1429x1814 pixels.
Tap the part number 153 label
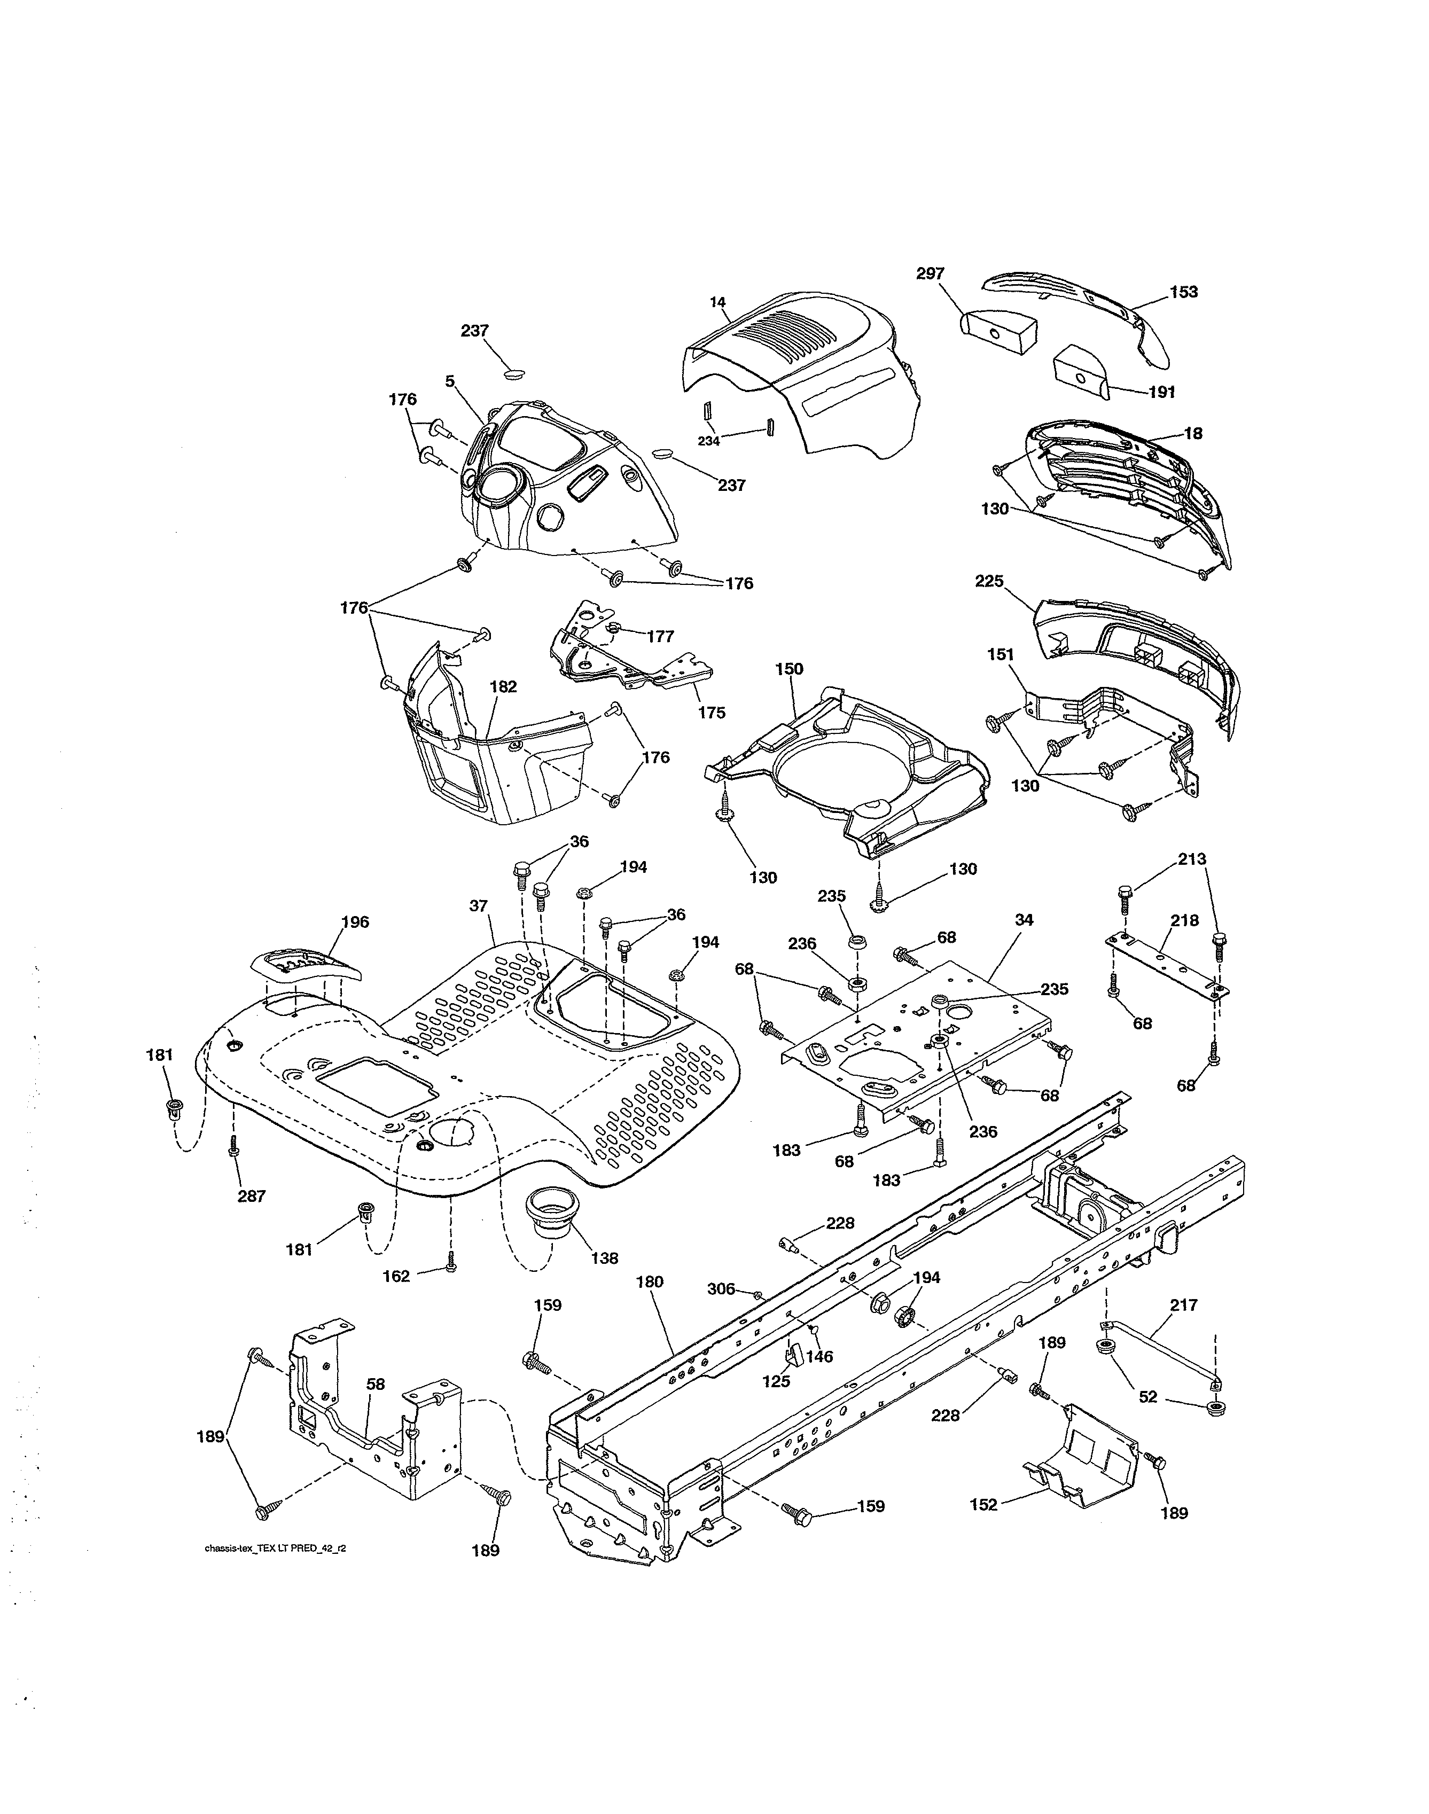1184,292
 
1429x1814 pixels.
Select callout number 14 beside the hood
717,302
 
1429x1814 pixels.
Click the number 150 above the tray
789,669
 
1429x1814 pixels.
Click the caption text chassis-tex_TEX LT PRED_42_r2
275,1549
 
